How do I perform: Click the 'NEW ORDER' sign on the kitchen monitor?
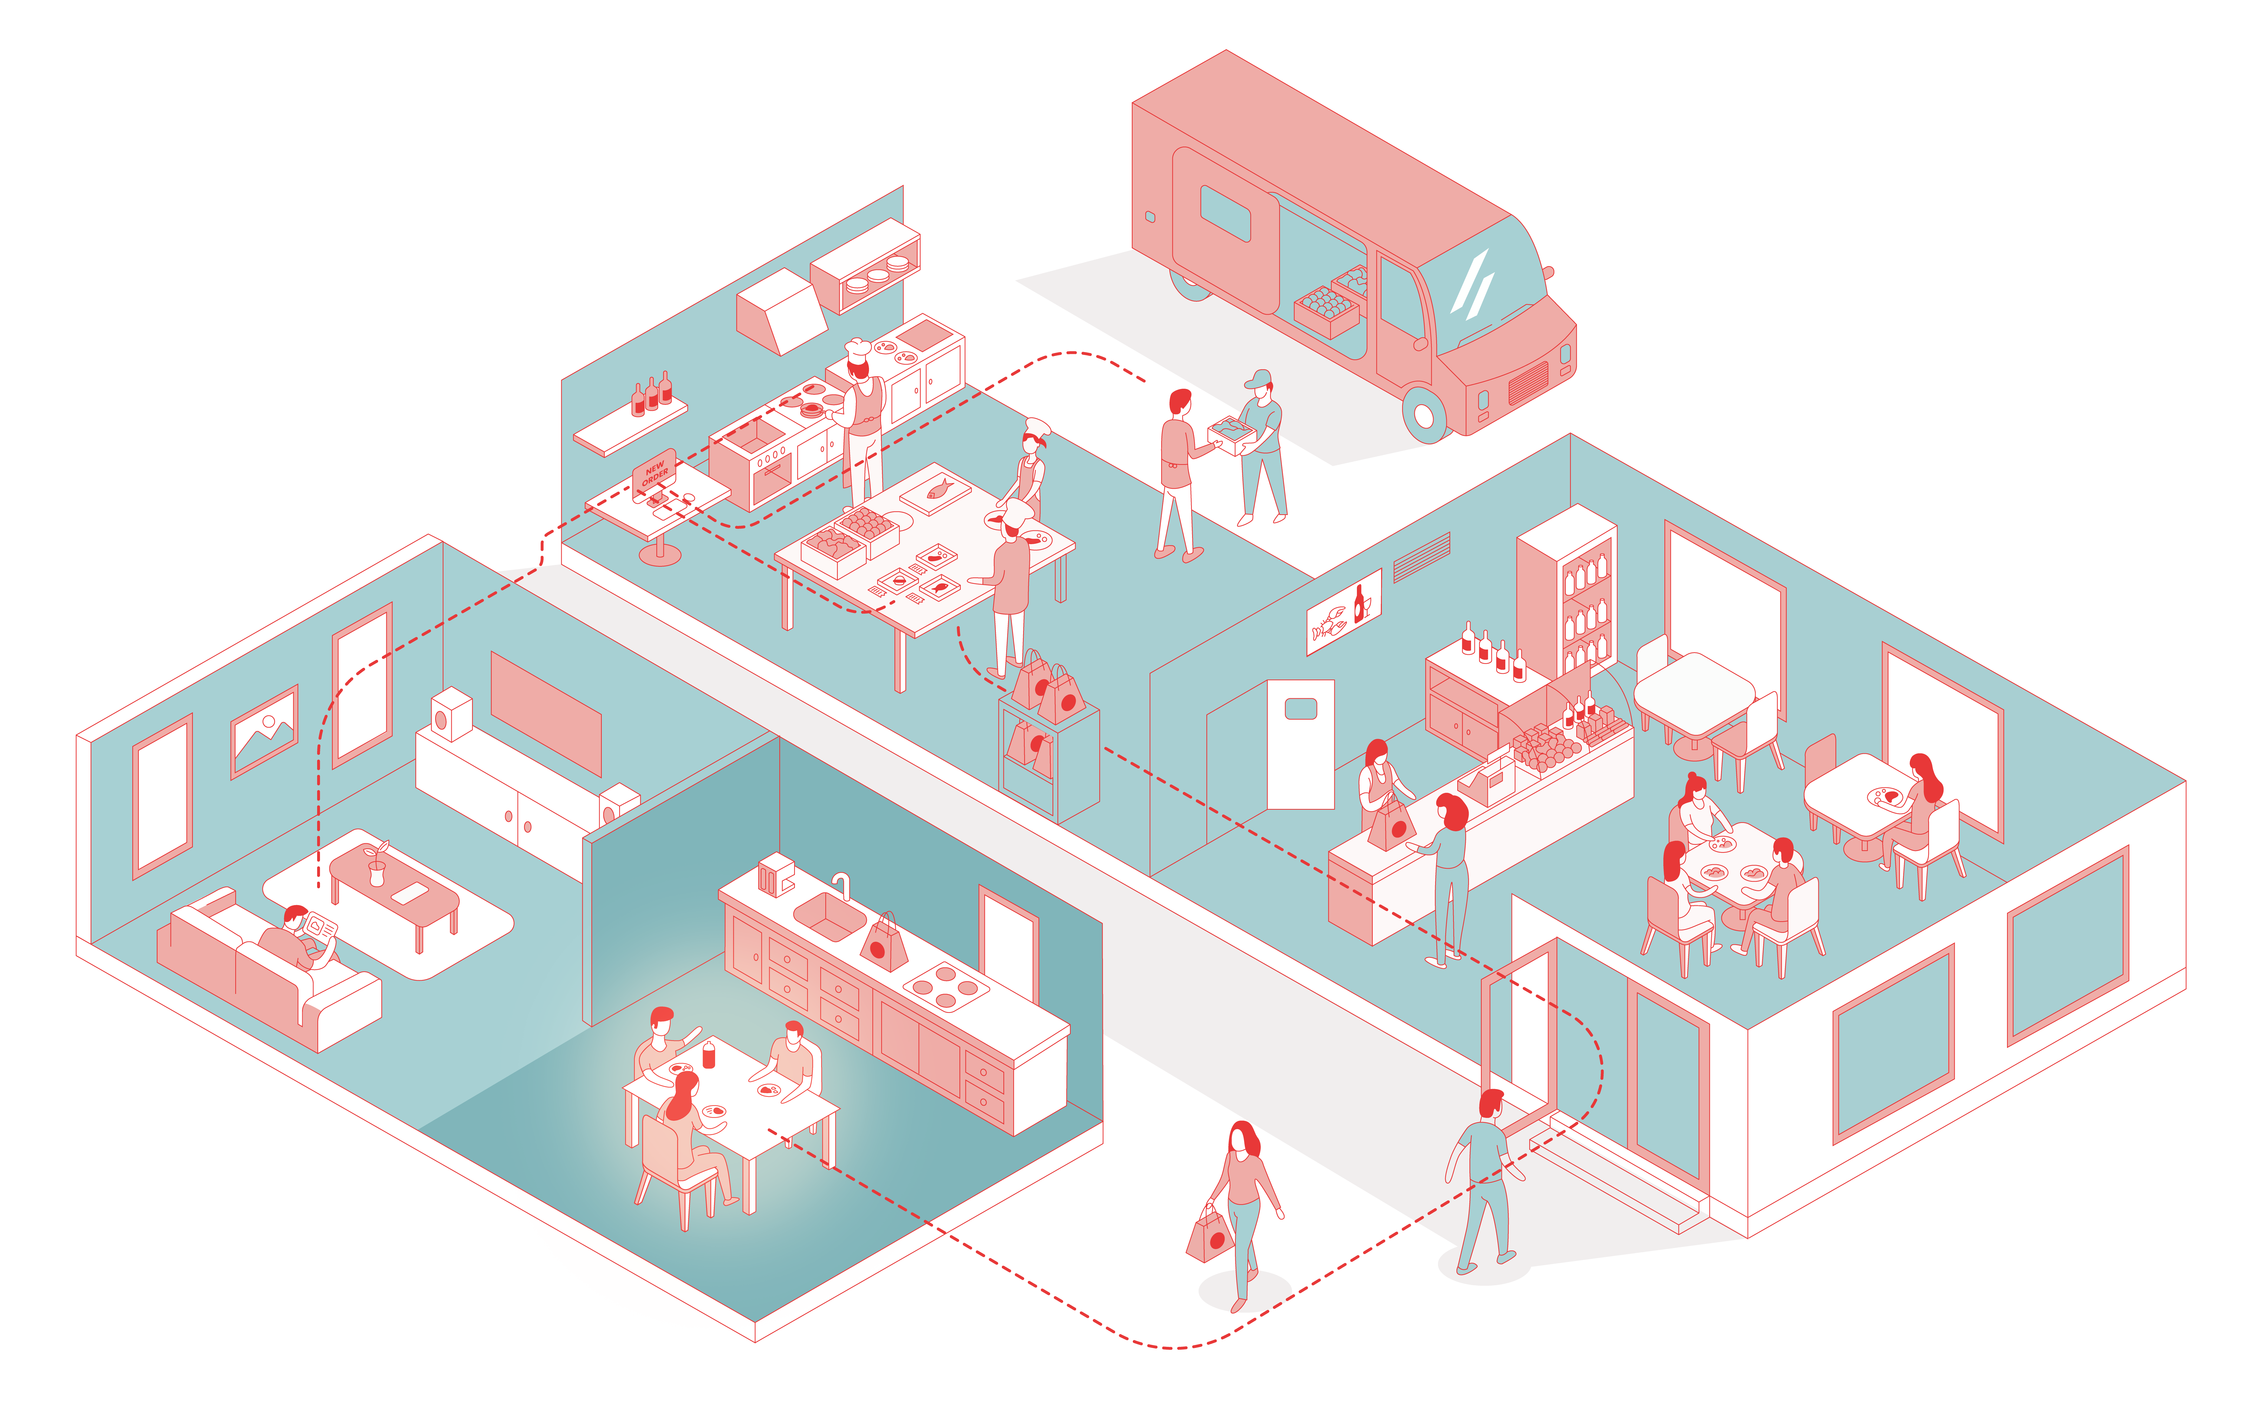654,471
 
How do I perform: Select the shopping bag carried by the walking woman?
1211,1234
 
